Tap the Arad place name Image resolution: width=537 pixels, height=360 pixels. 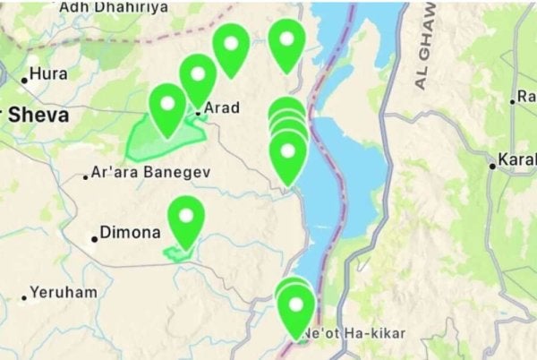pos(222,108)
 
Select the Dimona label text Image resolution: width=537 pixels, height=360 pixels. pos(130,233)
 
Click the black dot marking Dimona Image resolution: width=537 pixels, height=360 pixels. pos(94,238)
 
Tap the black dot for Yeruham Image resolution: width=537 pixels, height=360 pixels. pos(24,296)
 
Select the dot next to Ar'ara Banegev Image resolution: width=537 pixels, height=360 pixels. pos(86,176)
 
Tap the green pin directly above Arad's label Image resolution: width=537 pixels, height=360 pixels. pos(198,77)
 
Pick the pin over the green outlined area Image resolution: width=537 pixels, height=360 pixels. pos(167,107)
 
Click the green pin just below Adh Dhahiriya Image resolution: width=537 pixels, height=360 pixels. pos(231,47)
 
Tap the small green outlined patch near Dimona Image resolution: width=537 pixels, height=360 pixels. pos(179,253)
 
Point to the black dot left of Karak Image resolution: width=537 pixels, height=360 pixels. pos(492,166)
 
